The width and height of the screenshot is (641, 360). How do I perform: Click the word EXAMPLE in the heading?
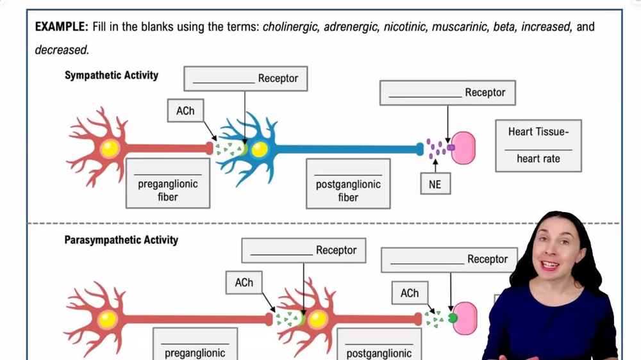(61, 27)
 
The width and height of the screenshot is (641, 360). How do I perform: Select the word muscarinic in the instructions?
(458, 27)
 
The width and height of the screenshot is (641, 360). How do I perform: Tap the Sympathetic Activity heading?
(111, 75)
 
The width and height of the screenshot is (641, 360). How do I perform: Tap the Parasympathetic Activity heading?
(121, 240)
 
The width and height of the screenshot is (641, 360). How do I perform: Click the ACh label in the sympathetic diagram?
(185, 111)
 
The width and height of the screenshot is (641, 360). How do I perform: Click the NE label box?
(435, 184)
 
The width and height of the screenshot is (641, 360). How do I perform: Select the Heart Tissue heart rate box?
(538, 145)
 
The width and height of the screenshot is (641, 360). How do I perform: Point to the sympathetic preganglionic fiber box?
(168, 183)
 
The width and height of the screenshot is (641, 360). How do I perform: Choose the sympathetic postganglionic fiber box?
(348, 184)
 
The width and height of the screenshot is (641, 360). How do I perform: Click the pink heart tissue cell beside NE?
(464, 148)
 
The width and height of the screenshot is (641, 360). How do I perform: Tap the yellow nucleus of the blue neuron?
(259, 149)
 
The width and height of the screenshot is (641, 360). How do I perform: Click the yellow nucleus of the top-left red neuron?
(110, 149)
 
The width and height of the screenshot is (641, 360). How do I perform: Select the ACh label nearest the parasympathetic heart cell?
(410, 293)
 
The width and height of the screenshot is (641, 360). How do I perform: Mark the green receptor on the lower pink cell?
(453, 318)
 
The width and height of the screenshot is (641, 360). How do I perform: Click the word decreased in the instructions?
(62, 49)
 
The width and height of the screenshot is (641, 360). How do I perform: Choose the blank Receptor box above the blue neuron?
(246, 78)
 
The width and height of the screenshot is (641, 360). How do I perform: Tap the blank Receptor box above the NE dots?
(447, 93)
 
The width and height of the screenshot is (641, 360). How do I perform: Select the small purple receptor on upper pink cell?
(451, 147)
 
